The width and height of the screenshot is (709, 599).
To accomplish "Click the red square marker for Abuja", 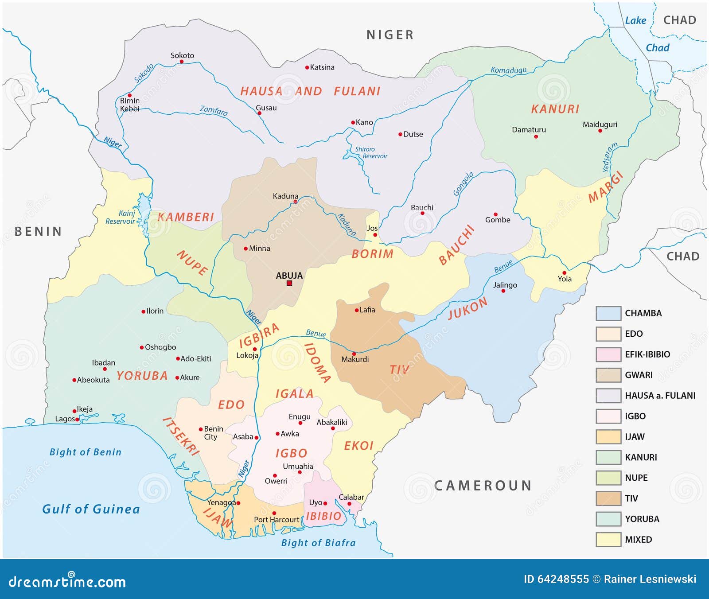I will (x=289, y=283).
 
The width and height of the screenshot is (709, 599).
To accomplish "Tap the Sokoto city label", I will (x=182, y=55).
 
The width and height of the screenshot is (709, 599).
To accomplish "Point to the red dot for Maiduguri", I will (x=600, y=131).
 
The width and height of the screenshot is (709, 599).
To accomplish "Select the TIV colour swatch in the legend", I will (x=608, y=498).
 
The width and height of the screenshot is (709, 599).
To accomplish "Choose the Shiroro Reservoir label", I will (x=371, y=152).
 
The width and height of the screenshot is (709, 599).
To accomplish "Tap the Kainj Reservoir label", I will (x=121, y=217).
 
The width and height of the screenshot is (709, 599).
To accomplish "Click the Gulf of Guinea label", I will (x=91, y=509).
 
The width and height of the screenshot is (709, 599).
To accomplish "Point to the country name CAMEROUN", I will (x=483, y=486).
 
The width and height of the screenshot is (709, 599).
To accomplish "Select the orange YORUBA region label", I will (x=142, y=376).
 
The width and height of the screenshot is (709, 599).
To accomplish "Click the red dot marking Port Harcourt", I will (x=274, y=513).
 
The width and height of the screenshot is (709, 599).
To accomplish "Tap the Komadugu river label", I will (x=508, y=70).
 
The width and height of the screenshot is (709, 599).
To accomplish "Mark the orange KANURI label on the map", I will (x=555, y=109).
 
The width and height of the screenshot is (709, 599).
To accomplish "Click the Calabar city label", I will (x=351, y=497).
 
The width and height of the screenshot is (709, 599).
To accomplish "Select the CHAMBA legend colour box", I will (x=608, y=313).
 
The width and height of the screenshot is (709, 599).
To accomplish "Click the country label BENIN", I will (x=38, y=231).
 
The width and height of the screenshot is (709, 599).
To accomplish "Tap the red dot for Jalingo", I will (x=503, y=291).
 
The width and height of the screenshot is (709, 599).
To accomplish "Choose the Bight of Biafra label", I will (x=318, y=543).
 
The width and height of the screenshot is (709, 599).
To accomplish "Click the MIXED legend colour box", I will (x=608, y=539).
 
